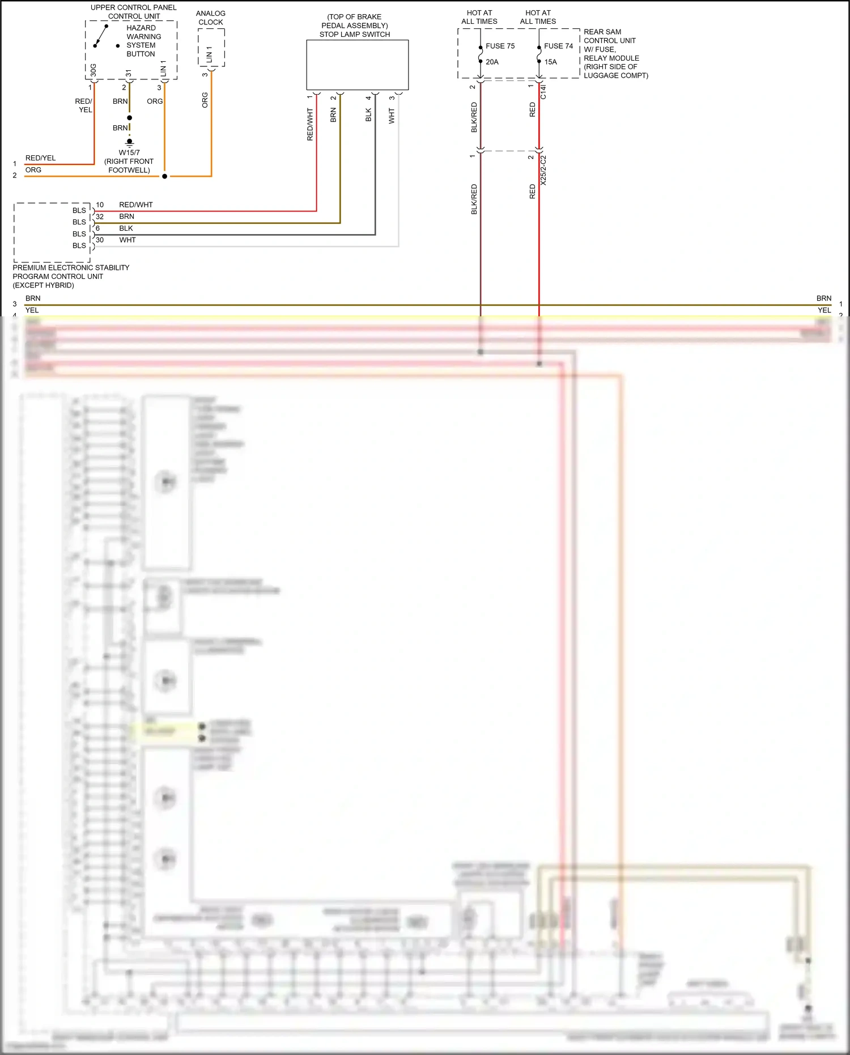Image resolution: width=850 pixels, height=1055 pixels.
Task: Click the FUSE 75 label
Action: click(500, 46)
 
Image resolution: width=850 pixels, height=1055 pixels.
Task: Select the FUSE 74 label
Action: click(558, 46)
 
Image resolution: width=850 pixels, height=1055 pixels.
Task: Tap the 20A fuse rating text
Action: click(492, 62)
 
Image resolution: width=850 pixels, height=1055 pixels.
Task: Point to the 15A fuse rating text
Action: click(550, 62)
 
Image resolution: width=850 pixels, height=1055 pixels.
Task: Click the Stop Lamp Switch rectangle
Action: click(357, 65)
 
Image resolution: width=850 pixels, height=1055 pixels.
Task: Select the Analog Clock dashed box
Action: click(211, 48)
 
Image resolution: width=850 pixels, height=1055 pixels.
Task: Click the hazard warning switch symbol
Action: click(101, 36)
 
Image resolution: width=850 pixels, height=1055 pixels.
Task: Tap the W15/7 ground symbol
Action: click(130, 142)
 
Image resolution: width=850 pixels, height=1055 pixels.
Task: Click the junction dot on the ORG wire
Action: click(165, 176)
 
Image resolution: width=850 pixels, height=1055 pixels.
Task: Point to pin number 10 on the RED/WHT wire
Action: click(100, 205)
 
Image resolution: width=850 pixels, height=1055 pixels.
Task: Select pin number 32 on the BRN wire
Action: click(100, 217)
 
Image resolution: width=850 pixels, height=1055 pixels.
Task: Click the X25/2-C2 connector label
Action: click(543, 170)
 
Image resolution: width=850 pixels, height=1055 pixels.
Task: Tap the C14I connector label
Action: click(543, 92)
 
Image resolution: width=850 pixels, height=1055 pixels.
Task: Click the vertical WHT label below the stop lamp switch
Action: click(392, 116)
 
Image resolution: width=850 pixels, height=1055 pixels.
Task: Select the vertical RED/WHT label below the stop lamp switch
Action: click(310, 125)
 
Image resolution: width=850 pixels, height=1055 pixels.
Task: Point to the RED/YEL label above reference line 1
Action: click(40, 158)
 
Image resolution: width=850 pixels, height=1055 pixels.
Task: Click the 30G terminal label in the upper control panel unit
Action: click(93, 70)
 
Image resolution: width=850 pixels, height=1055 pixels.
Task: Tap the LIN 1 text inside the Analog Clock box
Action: click(209, 54)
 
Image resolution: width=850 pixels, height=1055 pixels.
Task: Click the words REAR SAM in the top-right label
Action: click(602, 32)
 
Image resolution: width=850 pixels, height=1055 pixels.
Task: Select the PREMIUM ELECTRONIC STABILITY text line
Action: click(71, 268)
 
